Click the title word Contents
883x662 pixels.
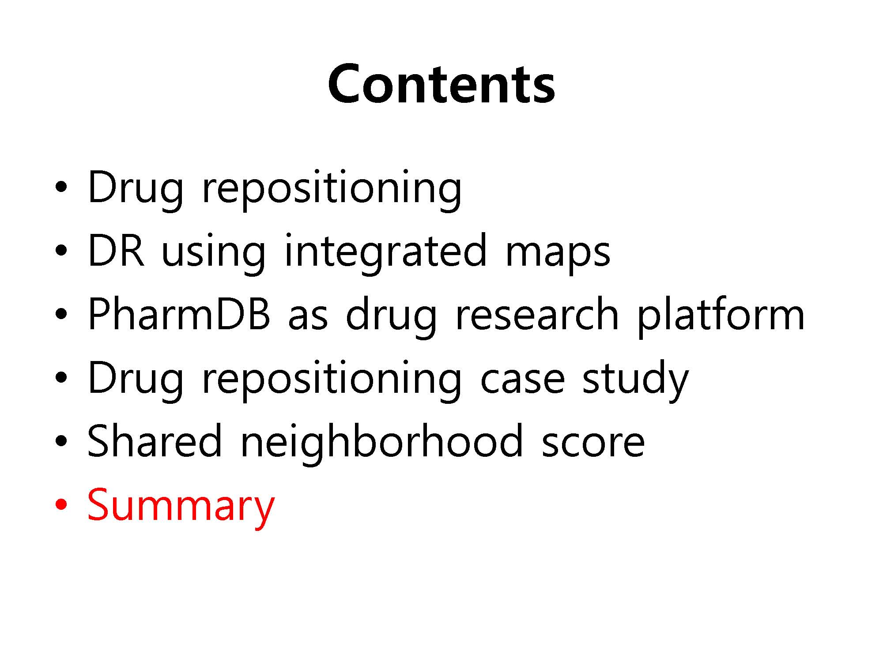(x=441, y=84)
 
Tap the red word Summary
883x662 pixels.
(x=181, y=506)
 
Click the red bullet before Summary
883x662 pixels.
(x=61, y=504)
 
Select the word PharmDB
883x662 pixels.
(x=179, y=314)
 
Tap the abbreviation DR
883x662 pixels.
(x=116, y=250)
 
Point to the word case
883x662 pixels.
(x=522, y=380)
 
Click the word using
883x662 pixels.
(x=214, y=254)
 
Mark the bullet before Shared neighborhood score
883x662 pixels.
(x=61, y=440)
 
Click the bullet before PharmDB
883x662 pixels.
(x=61, y=314)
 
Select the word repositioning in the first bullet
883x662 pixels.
(x=332, y=189)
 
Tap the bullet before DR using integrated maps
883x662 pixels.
(x=61, y=250)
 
